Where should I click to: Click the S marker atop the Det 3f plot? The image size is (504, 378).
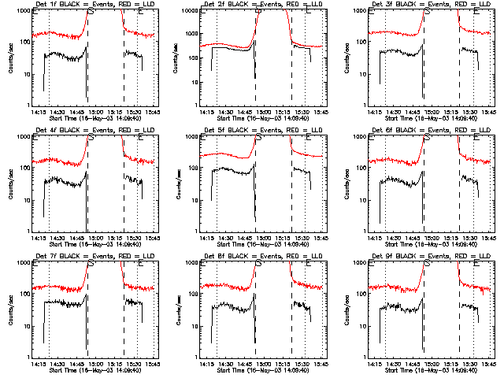click(x=427, y=13)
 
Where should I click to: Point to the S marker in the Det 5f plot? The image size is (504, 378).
click(x=258, y=138)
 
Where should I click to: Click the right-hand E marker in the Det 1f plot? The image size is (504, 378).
click(x=140, y=13)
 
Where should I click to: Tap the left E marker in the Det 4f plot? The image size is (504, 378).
click(x=35, y=138)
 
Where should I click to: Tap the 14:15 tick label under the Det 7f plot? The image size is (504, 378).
click(x=38, y=364)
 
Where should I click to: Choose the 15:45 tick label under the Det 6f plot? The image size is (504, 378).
click(x=487, y=238)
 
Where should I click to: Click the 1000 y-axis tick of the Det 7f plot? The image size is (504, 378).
click(x=23, y=264)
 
